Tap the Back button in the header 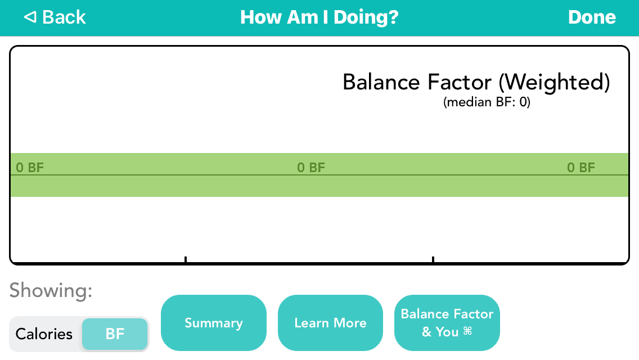click(x=55, y=17)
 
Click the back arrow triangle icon click(x=30, y=17)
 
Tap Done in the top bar click(x=592, y=17)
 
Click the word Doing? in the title click(x=366, y=17)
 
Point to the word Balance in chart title click(x=381, y=82)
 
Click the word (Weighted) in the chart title click(x=554, y=82)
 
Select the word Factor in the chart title click(x=460, y=82)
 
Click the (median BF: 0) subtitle click(x=487, y=102)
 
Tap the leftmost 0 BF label click(x=30, y=168)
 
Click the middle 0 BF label click(x=311, y=168)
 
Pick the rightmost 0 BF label click(x=581, y=168)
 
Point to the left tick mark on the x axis click(x=186, y=260)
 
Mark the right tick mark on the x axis click(x=433, y=260)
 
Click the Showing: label click(x=51, y=291)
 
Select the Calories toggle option click(x=44, y=334)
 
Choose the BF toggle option click(x=115, y=334)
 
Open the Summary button click(x=214, y=323)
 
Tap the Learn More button click(x=331, y=323)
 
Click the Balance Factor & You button click(x=447, y=323)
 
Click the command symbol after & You click(x=467, y=331)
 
